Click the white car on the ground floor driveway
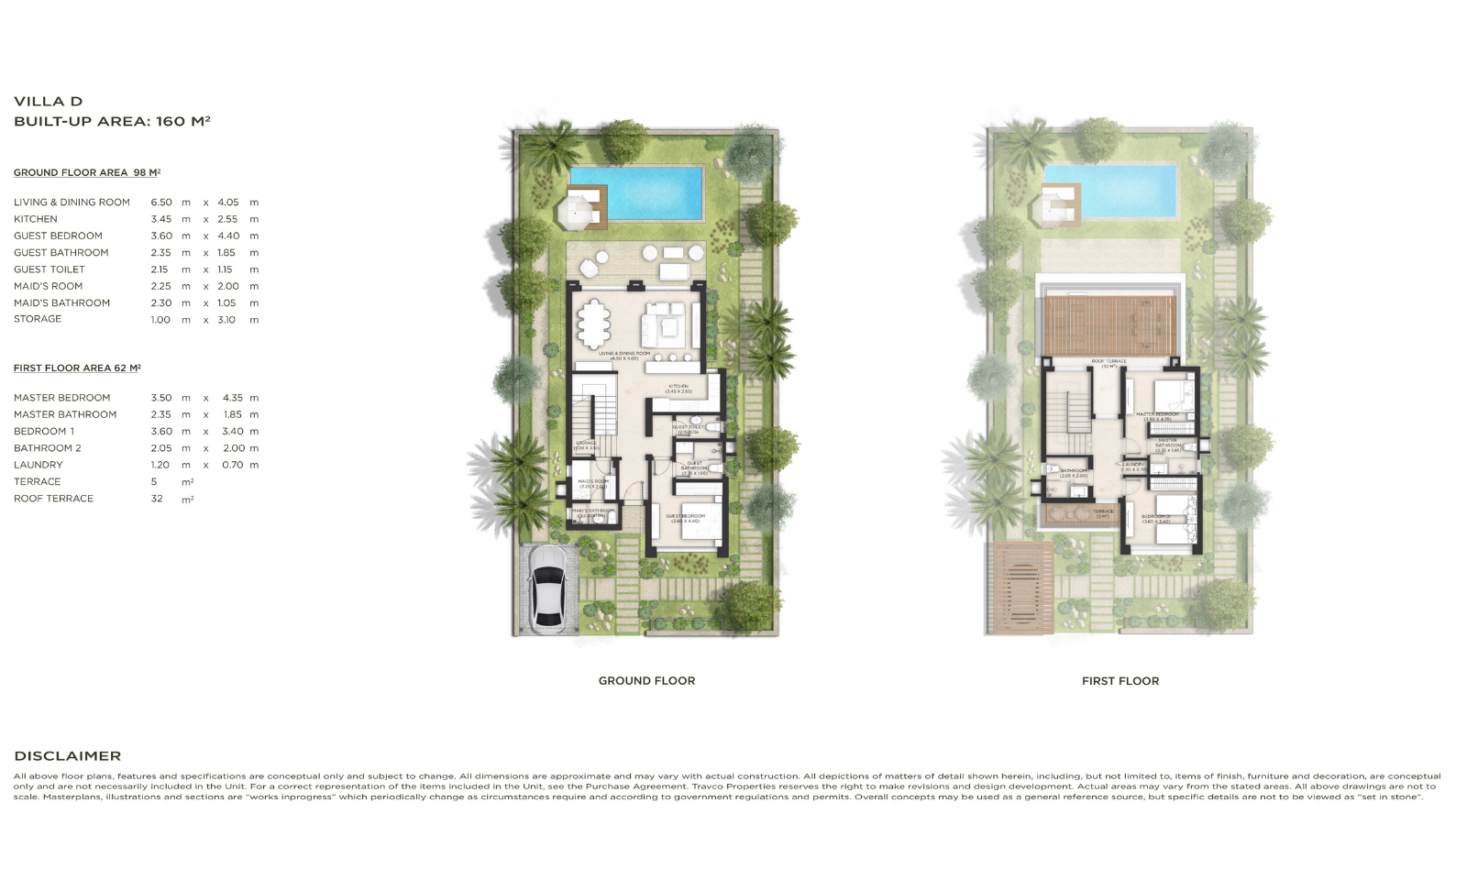tap(548, 588)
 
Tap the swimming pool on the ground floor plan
tap(635, 193)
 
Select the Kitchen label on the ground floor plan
tap(678, 388)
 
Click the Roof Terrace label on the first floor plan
tap(1109, 363)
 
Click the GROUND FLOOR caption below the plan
tap(646, 681)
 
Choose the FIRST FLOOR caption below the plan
tap(1120, 681)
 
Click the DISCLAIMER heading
tap(67, 756)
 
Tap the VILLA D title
tap(48, 102)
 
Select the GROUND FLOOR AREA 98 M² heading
tap(86, 172)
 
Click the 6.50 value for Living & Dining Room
tap(160, 203)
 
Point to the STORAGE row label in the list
tap(38, 319)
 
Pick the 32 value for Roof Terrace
tap(157, 499)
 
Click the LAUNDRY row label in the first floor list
tap(38, 465)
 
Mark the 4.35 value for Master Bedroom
tap(233, 398)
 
